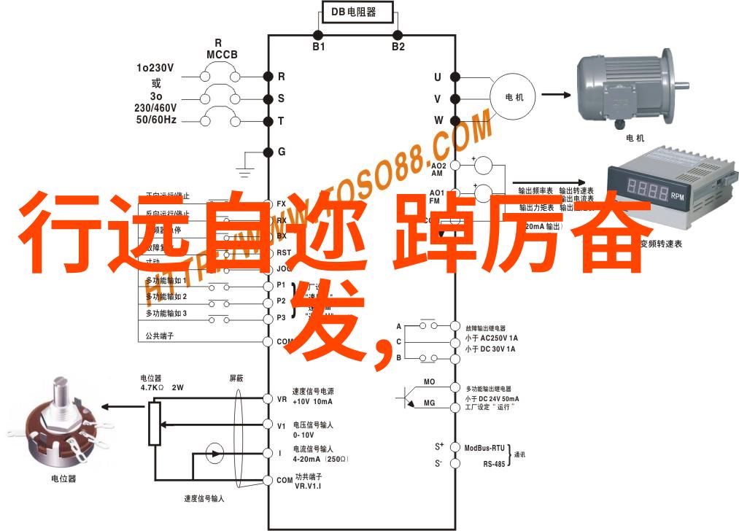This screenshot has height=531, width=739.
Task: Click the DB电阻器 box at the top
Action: [x=357, y=12]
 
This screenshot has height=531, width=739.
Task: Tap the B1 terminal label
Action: [x=319, y=47]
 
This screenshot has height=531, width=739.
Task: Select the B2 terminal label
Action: [x=398, y=47]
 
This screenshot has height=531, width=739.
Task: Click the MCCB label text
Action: [x=219, y=55]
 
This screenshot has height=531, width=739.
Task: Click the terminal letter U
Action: [x=438, y=77]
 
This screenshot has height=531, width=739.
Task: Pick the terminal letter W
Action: [x=438, y=120]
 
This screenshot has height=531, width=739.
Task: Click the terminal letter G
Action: [x=282, y=152]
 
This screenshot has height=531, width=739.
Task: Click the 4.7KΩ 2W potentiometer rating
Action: [x=162, y=387]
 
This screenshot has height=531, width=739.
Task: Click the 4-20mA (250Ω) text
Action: [x=320, y=460]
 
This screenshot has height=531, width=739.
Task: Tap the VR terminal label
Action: [x=282, y=399]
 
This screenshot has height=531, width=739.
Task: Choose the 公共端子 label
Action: [x=160, y=336]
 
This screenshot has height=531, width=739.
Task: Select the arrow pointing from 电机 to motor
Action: [x=555, y=94]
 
